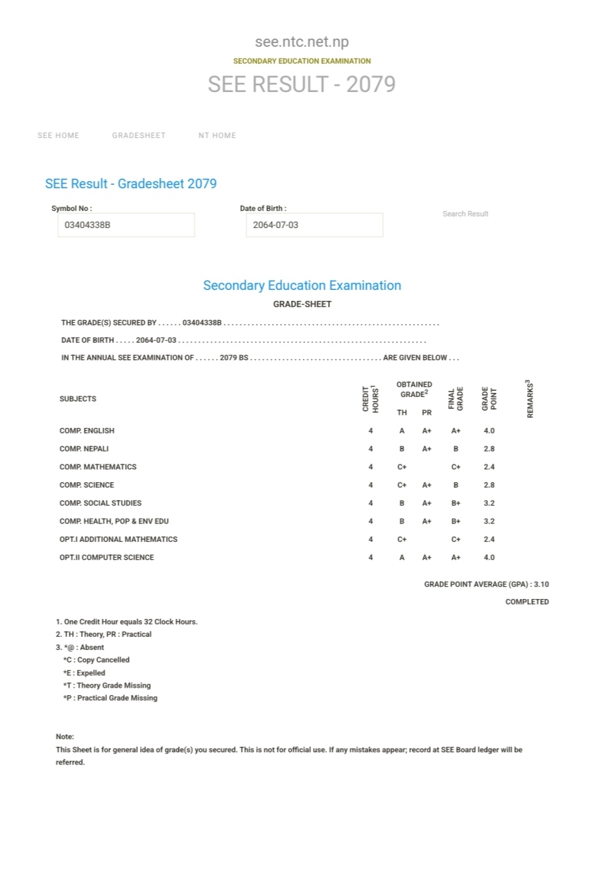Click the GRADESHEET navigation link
click(139, 135)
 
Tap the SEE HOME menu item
click(58, 135)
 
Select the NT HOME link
click(217, 135)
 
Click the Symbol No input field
click(126, 225)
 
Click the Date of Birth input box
click(314, 225)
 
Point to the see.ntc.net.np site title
click(301, 42)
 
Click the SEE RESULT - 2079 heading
click(301, 84)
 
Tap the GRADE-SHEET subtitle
click(302, 304)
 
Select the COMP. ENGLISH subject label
click(87, 431)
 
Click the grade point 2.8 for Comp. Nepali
click(489, 449)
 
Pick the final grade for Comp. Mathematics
click(456, 467)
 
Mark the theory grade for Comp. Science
click(402, 485)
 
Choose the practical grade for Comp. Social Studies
click(427, 503)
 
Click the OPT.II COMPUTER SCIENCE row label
click(107, 557)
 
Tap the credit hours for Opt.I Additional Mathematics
click(371, 539)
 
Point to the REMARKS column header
click(530, 399)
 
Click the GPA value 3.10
click(541, 585)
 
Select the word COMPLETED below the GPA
click(527, 602)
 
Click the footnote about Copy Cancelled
click(97, 660)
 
